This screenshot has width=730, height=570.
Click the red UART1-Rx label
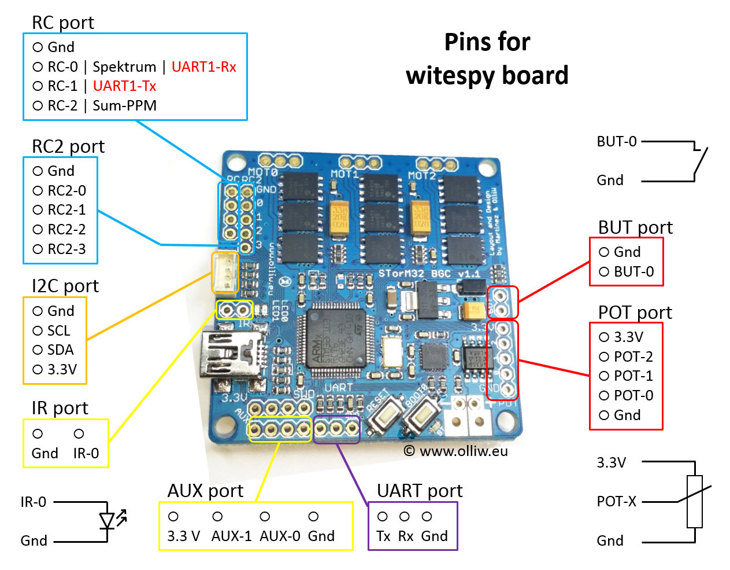tap(203, 67)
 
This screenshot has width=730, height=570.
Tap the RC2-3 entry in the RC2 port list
tap(66, 249)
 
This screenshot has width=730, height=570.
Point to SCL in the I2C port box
tap(58, 330)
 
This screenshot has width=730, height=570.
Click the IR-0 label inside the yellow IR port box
tap(86, 453)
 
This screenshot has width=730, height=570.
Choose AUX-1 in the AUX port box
tap(231, 536)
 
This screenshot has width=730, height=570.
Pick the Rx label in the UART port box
tap(406, 536)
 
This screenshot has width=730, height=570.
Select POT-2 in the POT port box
tap(633, 357)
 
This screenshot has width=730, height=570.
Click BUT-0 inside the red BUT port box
tap(633, 272)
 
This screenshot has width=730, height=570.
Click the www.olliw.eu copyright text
tap(463, 451)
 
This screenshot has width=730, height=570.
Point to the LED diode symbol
tap(108, 521)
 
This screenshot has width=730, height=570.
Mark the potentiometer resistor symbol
tap(694, 501)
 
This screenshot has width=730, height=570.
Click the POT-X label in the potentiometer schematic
tap(616, 502)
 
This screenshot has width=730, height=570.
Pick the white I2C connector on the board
tap(225, 273)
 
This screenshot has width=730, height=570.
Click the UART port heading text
tap(420, 491)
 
